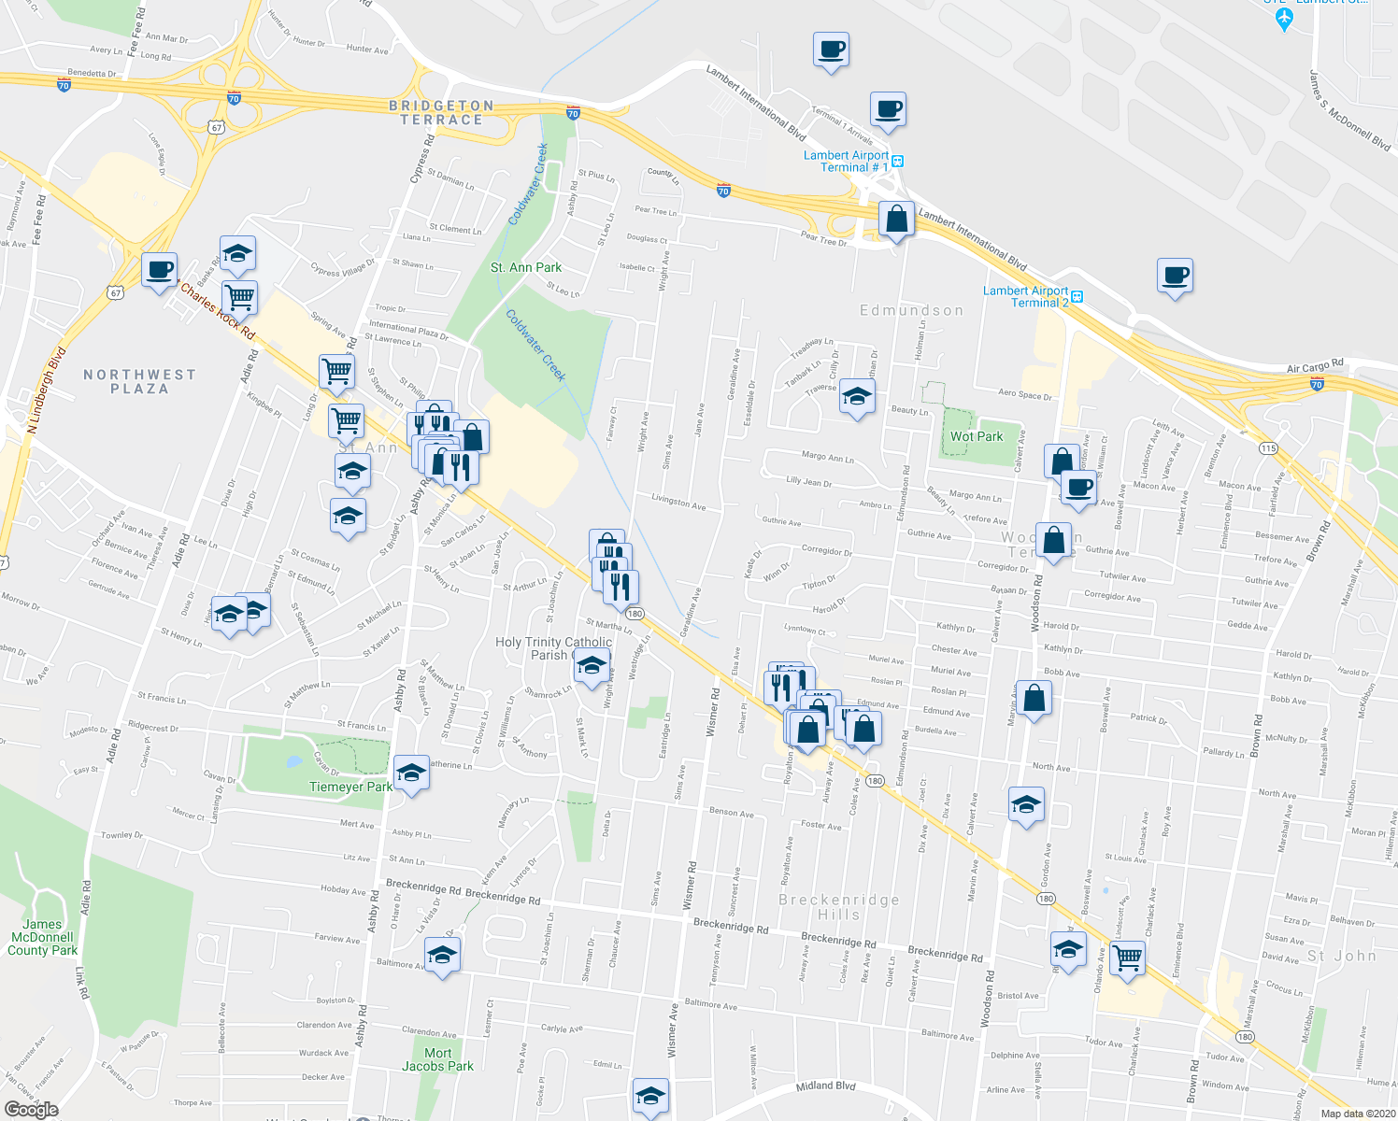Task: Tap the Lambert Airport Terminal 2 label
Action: point(1025,297)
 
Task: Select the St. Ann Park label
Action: point(526,268)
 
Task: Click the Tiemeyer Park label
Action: point(350,788)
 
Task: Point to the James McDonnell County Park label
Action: point(42,937)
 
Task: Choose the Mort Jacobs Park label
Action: point(437,1059)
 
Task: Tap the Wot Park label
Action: point(976,436)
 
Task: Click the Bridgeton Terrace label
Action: point(441,113)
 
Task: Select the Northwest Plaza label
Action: point(140,381)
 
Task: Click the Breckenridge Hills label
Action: point(839,907)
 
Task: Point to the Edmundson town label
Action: point(911,310)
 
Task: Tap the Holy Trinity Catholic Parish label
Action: point(553,648)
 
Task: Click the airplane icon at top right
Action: point(1284,18)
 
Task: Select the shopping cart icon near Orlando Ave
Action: point(1128,957)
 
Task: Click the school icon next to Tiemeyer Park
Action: point(411,773)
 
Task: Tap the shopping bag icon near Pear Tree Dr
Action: point(896,220)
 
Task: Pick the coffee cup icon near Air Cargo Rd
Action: point(1175,276)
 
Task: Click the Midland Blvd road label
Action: point(825,1086)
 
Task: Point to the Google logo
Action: point(31,1110)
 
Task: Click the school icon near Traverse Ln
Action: point(856,397)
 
